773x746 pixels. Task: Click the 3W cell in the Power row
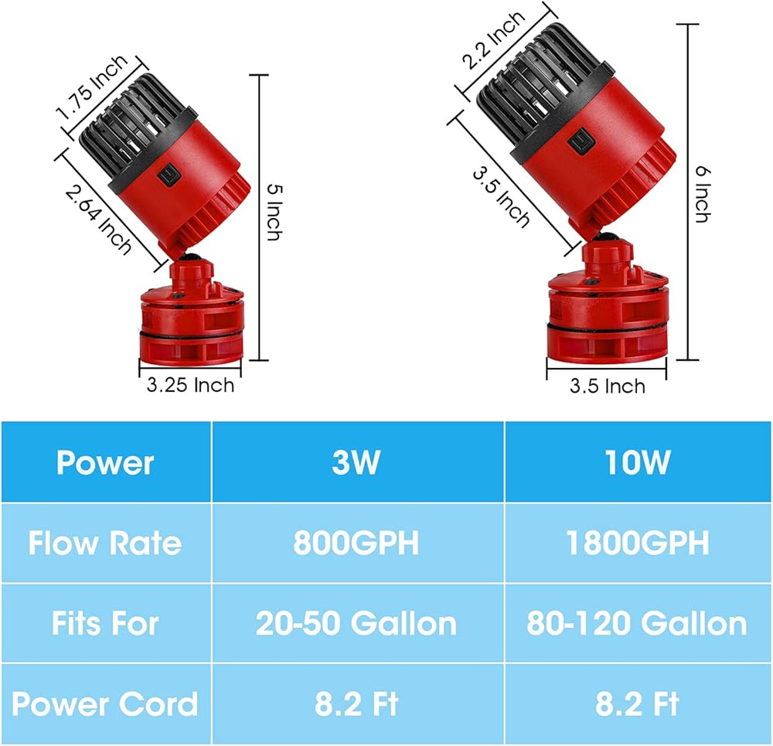[356, 462]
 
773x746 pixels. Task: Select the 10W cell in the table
[638, 462]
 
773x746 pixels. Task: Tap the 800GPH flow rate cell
[356, 543]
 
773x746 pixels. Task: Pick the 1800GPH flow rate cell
[638, 543]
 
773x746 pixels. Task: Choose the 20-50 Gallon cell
[356, 623]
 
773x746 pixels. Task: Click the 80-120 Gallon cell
[638, 623]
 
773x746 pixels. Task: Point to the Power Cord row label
[105, 704]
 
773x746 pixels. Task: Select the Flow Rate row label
[105, 543]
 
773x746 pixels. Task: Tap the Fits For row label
[105, 623]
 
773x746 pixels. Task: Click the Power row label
[105, 462]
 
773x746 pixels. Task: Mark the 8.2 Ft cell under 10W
[638, 704]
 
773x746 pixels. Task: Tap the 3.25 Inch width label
[190, 384]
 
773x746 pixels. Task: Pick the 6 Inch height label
[700, 193]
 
